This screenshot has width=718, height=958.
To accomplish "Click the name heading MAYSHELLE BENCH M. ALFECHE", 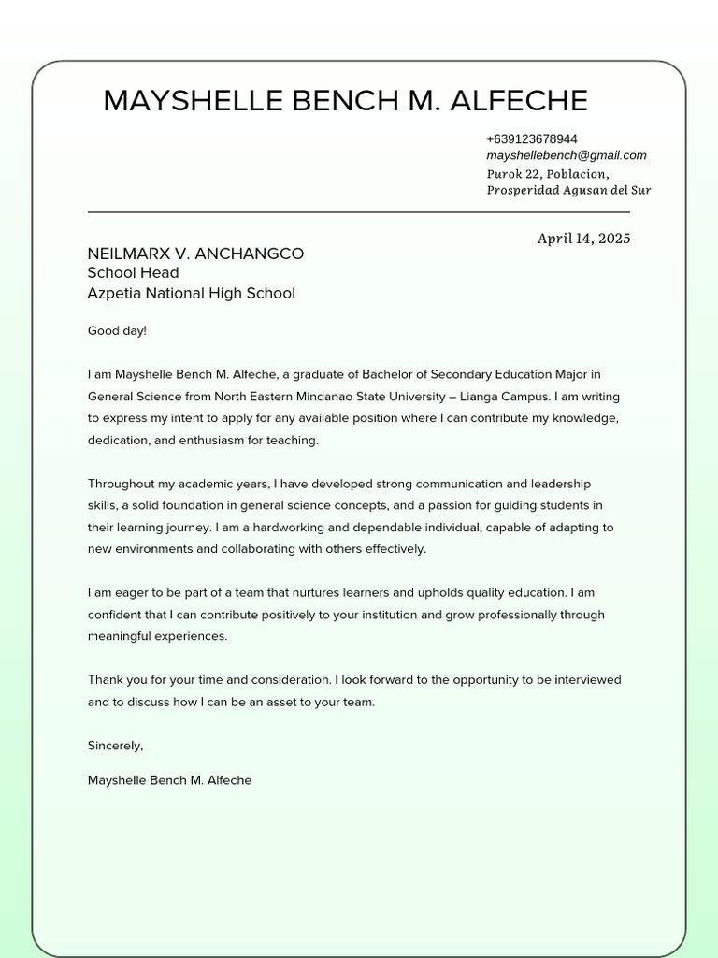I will click(x=345, y=100).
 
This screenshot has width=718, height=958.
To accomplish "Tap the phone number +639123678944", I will click(x=531, y=139).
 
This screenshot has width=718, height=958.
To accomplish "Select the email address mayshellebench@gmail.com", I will click(x=566, y=155).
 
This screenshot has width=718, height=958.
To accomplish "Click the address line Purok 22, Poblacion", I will click(x=547, y=173).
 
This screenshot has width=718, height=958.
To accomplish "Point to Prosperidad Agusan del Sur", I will click(x=568, y=190).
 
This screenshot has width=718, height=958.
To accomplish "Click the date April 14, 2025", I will click(x=583, y=239).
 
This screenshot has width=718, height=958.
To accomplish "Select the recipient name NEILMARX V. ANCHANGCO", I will click(x=195, y=254).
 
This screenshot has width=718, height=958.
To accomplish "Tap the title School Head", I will click(x=133, y=273).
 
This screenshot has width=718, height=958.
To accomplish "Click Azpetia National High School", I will click(x=191, y=294).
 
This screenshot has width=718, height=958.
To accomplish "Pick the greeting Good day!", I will click(x=117, y=330).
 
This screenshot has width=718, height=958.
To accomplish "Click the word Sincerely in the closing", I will click(x=114, y=746).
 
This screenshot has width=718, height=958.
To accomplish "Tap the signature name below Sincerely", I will click(x=169, y=780).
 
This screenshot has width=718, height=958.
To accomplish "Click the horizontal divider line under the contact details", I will click(x=358, y=212).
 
